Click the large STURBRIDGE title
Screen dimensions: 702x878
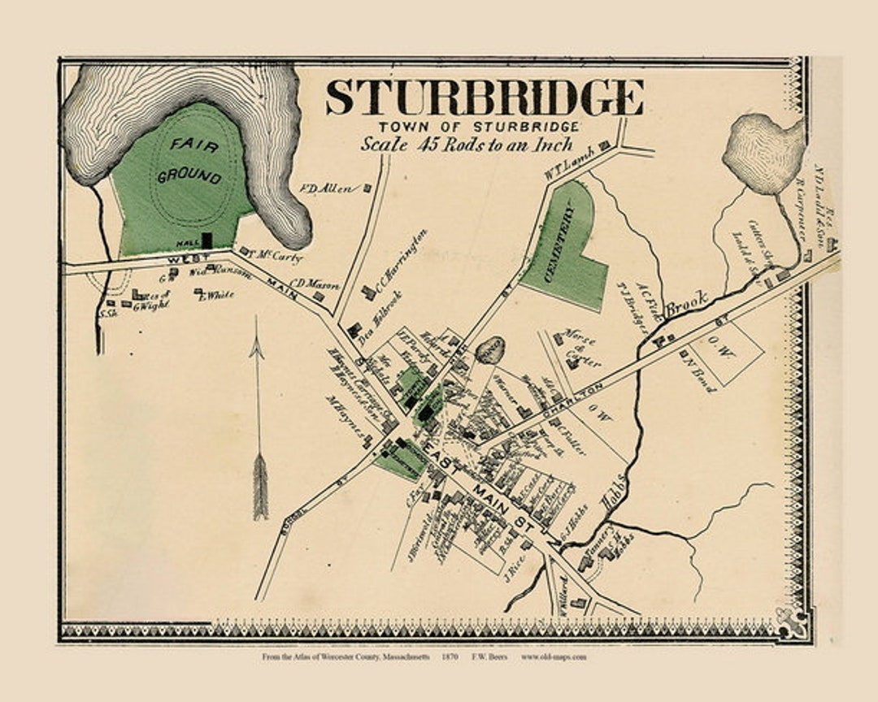[485, 97]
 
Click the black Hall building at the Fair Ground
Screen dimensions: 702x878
[206, 241]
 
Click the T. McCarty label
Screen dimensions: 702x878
[279, 257]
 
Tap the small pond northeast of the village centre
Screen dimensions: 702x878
[490, 350]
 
